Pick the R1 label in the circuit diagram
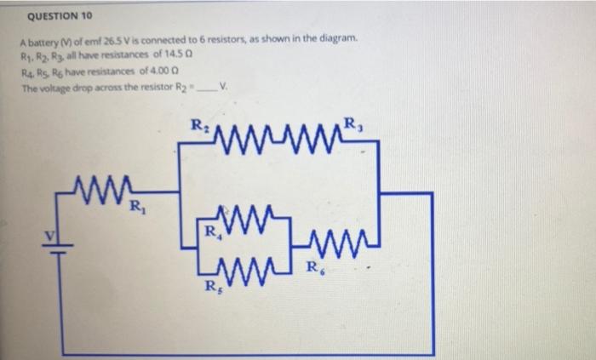(135, 204)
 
